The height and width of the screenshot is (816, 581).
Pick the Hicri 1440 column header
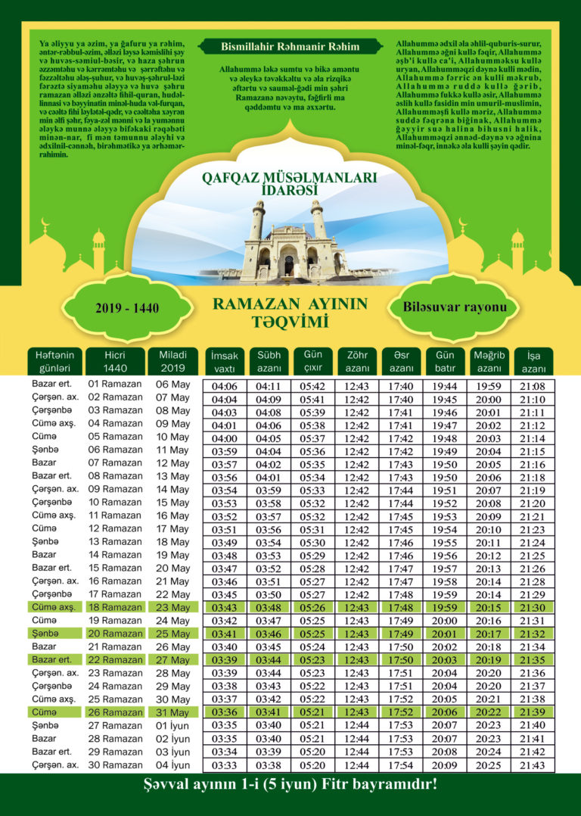[x=115, y=360]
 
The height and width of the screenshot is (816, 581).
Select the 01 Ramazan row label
[x=115, y=384]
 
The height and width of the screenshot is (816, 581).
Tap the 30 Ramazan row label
[x=115, y=765]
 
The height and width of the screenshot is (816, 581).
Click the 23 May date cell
[x=172, y=607]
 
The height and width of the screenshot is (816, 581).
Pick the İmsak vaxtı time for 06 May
[x=225, y=386]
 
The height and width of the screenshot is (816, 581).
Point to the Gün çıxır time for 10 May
[x=312, y=438]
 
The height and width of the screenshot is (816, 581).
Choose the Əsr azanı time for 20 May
[x=400, y=568]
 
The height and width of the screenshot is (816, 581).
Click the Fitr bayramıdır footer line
[x=290, y=784]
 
